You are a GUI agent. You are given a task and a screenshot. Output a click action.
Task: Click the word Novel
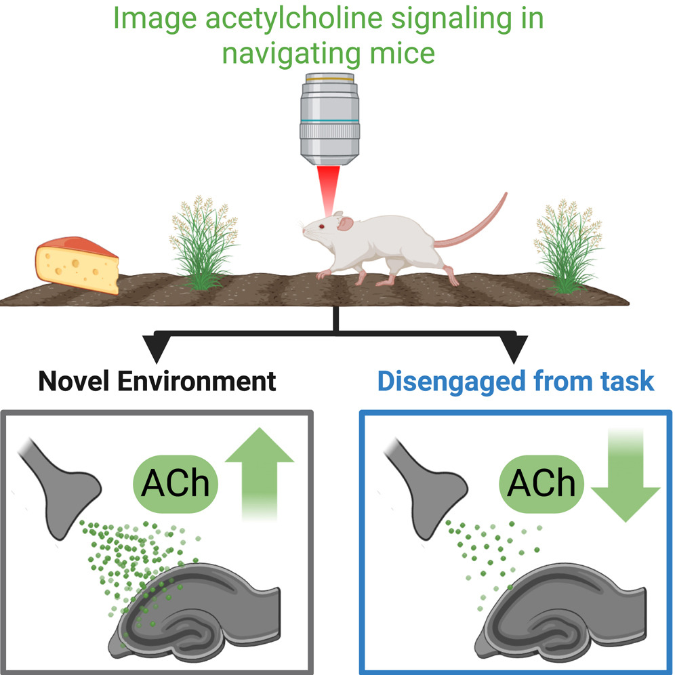74,380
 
